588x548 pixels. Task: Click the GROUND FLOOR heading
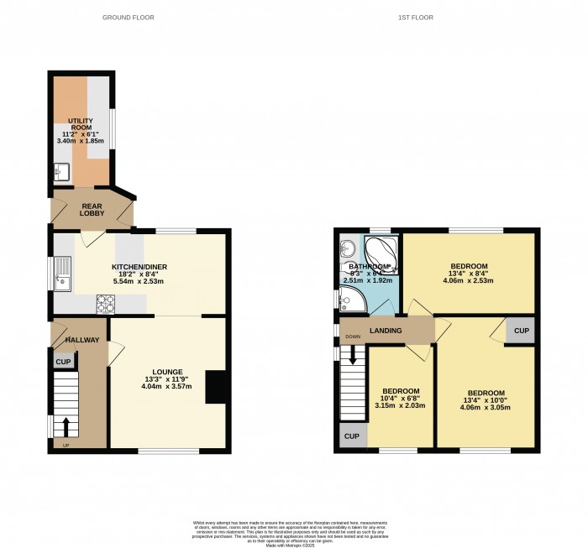click(x=128, y=18)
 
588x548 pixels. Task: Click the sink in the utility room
click(x=60, y=174)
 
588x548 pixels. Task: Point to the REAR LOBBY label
click(x=92, y=210)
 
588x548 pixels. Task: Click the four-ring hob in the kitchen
click(x=107, y=303)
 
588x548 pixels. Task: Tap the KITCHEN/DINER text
click(x=139, y=267)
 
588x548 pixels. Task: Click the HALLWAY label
click(x=83, y=340)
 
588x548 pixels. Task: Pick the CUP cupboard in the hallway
click(x=63, y=362)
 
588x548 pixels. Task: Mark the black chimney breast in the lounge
click(x=216, y=388)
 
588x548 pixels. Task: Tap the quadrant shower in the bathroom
click(x=353, y=300)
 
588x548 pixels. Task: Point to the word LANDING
click(x=385, y=331)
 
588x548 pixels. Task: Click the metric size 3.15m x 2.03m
click(x=400, y=405)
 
